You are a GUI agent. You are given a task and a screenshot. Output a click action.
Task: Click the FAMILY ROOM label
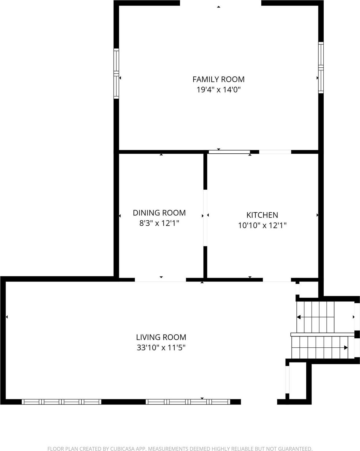[x=218, y=79]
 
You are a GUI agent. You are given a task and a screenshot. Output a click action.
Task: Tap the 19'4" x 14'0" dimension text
[x=218, y=90]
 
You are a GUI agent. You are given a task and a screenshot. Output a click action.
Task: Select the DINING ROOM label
[x=159, y=213]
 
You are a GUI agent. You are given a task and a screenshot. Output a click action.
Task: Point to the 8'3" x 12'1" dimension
[x=159, y=223]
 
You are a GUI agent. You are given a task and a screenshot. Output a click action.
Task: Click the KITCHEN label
[x=262, y=215]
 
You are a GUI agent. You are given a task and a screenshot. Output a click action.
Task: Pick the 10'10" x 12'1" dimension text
[x=262, y=225]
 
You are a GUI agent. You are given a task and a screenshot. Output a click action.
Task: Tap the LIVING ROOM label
[x=161, y=337]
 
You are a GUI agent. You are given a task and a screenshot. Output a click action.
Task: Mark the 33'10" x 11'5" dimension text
[x=161, y=348]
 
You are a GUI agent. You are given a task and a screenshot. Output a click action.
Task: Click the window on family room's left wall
[x=116, y=74]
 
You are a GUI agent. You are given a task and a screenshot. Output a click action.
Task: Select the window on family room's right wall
[x=321, y=67]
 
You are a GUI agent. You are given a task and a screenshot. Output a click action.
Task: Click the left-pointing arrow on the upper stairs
[x=299, y=317]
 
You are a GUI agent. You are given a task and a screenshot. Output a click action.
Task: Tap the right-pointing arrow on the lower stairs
[x=346, y=348]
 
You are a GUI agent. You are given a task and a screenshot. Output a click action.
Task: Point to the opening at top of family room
[x=220, y=3]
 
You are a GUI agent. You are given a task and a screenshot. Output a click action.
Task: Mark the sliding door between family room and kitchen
[x=229, y=152]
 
